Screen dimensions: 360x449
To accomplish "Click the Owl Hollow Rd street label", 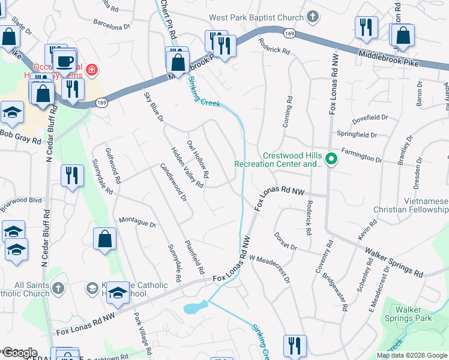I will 197,160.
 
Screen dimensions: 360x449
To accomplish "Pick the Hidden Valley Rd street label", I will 187,167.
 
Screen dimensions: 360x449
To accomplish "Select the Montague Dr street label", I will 137,222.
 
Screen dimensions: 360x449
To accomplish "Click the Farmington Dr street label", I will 362,157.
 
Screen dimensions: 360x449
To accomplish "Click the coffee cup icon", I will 64,61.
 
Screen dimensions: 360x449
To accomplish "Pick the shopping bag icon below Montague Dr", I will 105,239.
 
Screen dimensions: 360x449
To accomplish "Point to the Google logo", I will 19,353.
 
